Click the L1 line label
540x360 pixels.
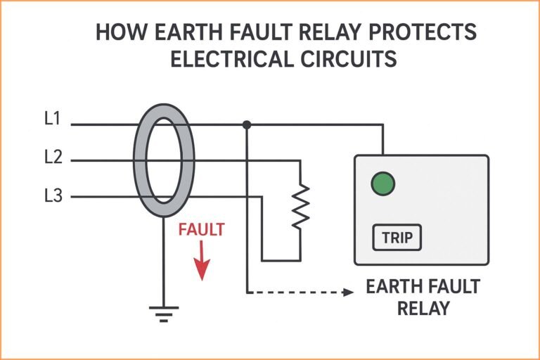tap(52, 119)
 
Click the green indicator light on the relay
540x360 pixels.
tap(382, 184)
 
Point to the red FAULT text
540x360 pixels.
tap(202, 230)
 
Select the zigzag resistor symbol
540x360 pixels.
tap(300, 206)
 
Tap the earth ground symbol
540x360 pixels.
tap(165, 312)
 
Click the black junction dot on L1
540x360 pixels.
tap(247, 125)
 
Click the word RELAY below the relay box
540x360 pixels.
tap(423, 309)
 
